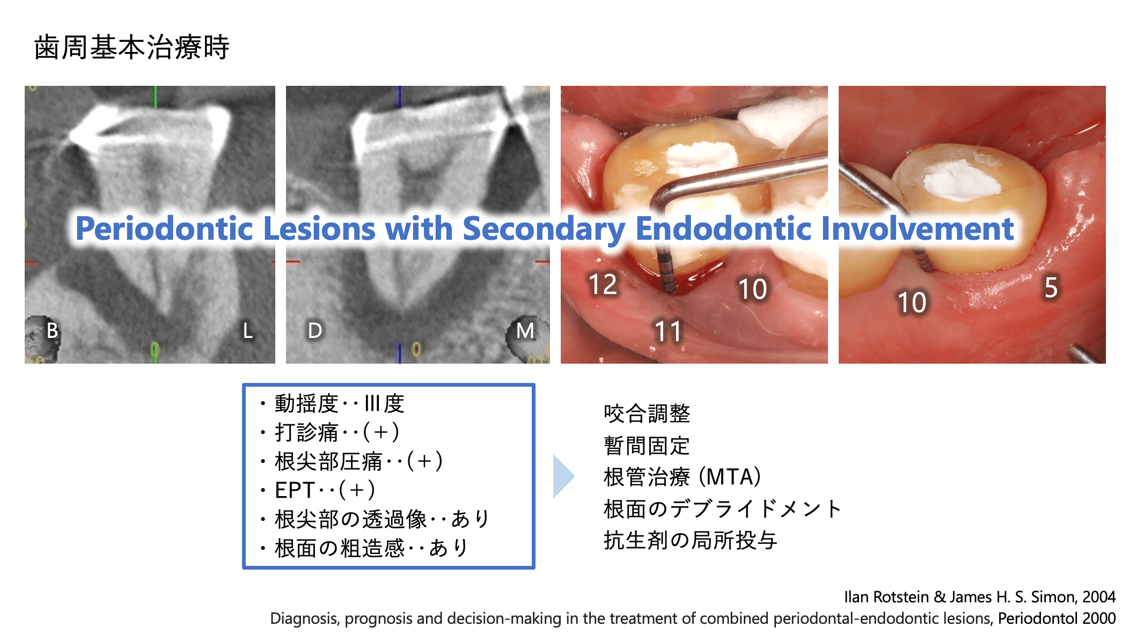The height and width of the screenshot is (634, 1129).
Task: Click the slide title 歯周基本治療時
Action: pos(132,47)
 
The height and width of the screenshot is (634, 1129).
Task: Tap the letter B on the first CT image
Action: pos(52,330)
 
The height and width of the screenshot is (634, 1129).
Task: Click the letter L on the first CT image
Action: pos(247,330)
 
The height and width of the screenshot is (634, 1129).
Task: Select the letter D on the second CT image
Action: pos(315,330)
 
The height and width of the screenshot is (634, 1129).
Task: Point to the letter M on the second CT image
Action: pos(525,330)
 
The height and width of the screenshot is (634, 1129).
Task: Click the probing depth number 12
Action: pos(603,284)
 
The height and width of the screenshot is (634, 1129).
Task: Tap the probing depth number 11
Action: pos(668,331)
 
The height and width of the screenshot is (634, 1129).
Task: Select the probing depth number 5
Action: pos(1051,287)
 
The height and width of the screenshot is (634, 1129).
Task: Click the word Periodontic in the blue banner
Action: pos(164,228)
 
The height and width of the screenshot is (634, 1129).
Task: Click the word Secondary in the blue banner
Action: pos(544,230)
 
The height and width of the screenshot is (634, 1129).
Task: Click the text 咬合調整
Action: pos(647,414)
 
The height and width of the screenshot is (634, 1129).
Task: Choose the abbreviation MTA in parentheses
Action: pos(730,477)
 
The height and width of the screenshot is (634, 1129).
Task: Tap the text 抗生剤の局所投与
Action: pos(691,540)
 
